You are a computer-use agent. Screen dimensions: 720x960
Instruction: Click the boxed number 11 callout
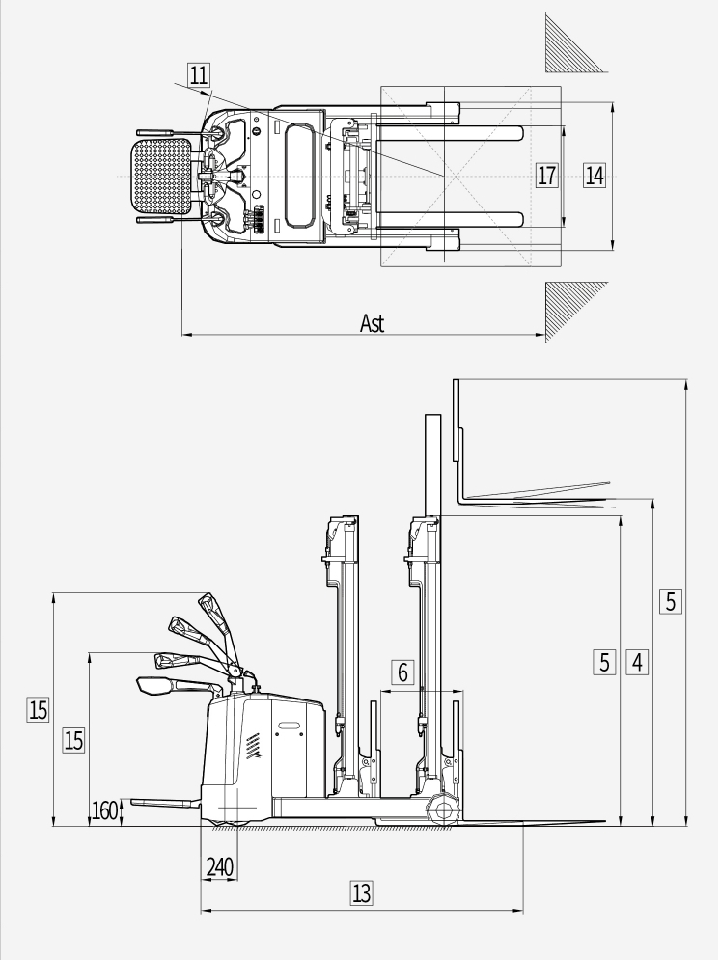tap(199, 75)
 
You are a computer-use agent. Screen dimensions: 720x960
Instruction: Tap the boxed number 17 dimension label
tap(546, 175)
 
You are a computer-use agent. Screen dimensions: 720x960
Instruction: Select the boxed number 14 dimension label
tap(595, 175)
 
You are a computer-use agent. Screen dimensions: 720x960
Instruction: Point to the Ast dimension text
tap(373, 323)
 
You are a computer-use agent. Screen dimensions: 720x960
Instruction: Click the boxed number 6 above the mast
tap(402, 672)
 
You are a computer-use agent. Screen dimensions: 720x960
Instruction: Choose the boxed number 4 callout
tap(637, 662)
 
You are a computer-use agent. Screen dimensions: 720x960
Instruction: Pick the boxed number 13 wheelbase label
tap(362, 892)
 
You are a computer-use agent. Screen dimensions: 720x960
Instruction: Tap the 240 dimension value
tap(220, 867)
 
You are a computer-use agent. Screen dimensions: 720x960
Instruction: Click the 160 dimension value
tap(104, 810)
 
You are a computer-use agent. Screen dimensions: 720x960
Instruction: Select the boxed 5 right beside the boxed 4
tap(605, 662)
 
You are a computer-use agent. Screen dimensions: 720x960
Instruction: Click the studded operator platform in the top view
tap(162, 177)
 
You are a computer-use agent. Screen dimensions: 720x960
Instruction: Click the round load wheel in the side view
tap(443, 811)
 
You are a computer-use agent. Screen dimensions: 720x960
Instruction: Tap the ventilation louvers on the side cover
tap(253, 746)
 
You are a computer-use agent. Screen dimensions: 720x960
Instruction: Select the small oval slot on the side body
tap(289, 726)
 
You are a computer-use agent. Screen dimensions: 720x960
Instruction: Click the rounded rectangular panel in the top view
tap(300, 176)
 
